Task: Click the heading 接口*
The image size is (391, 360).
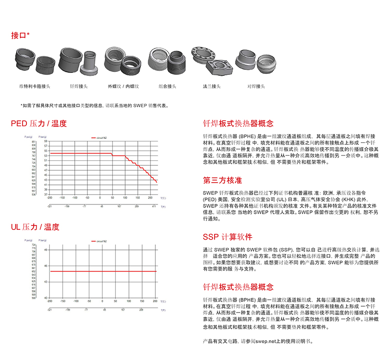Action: pos(20,35)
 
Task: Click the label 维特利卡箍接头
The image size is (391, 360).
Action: pos(32,86)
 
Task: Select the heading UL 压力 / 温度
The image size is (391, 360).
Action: pos(35,227)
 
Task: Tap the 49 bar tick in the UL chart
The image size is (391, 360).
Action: pos(45,250)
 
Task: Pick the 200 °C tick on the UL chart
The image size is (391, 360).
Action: pos(155,302)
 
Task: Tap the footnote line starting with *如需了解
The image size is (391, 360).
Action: pos(93,105)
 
